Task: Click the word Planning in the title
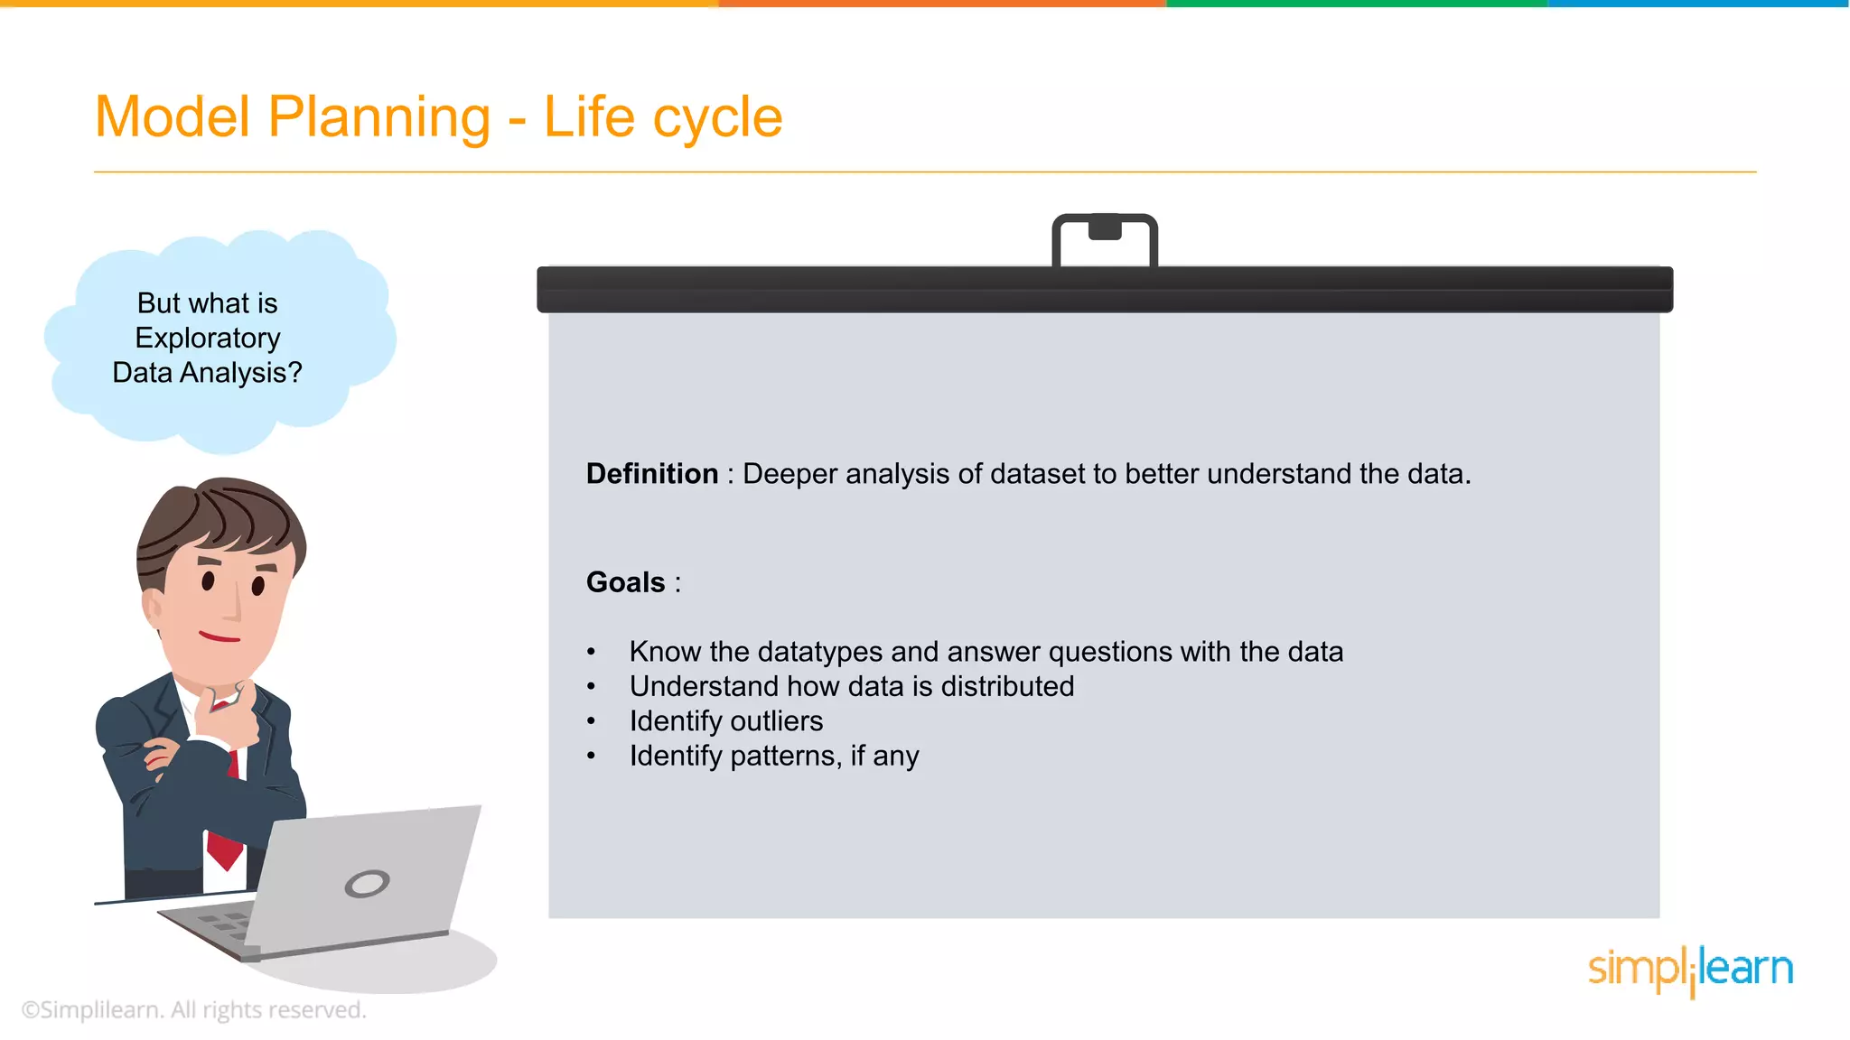[x=378, y=117]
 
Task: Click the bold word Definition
[x=651, y=474]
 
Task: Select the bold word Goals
[x=625, y=582]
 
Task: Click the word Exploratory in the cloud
[x=207, y=338]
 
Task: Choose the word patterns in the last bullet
[x=785, y=756]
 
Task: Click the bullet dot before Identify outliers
[x=591, y=721]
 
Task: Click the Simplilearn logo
[x=1689, y=970]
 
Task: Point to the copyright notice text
[x=193, y=1010]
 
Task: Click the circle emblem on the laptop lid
[x=367, y=883]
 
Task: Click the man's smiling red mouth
[x=219, y=637]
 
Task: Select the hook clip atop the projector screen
[x=1104, y=238]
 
